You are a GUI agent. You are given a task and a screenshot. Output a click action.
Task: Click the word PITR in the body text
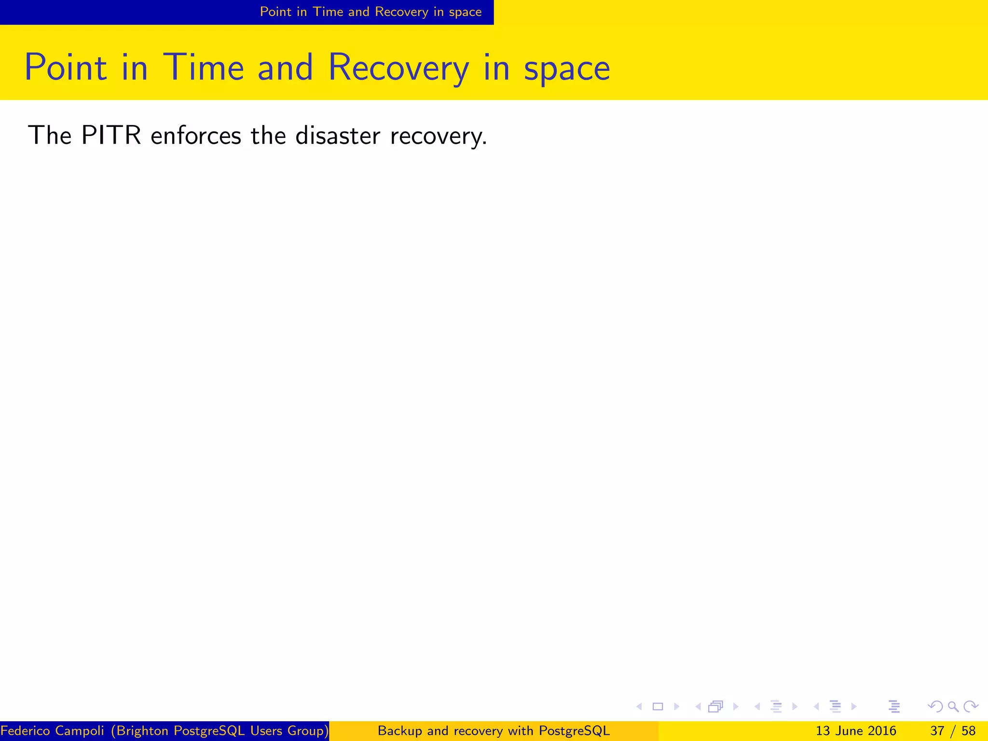[x=111, y=135]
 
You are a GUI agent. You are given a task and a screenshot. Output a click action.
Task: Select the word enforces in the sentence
[x=195, y=135]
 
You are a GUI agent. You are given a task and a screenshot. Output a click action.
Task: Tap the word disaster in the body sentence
[x=337, y=135]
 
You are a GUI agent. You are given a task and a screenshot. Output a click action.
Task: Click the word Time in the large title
[x=204, y=68]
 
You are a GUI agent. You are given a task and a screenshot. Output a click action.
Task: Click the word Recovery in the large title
[x=398, y=68]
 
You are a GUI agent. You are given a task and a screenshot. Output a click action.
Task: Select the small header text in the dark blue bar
[x=370, y=12]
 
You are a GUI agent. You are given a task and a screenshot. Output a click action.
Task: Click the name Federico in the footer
[x=26, y=731]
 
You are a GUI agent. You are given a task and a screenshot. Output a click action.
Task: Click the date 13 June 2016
[x=856, y=731]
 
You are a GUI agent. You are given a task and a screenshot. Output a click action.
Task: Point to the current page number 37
[x=937, y=731]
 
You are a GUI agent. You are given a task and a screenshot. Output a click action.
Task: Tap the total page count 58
[x=968, y=731]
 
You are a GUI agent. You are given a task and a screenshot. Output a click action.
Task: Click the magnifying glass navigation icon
[x=953, y=707]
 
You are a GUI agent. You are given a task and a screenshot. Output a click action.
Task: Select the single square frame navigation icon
[x=658, y=707]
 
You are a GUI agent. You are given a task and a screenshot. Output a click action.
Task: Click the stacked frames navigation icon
[x=715, y=707]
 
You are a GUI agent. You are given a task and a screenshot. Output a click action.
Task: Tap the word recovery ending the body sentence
[x=437, y=136]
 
